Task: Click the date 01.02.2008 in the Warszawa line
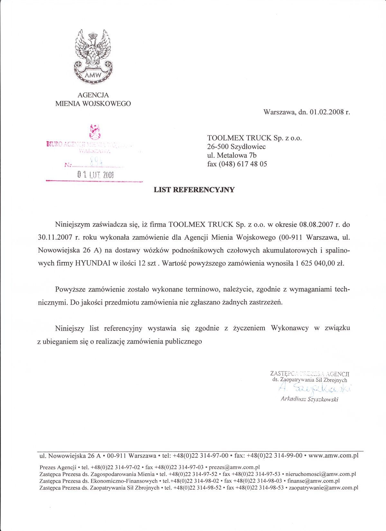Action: coord(326,112)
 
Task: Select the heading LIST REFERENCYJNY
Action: coord(194,190)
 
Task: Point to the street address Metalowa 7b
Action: coord(237,155)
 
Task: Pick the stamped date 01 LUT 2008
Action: coord(96,175)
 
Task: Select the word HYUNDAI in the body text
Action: coord(93,263)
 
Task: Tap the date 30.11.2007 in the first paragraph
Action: coord(56,238)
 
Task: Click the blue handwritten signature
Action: coord(315,388)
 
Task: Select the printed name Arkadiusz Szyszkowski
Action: coord(309,399)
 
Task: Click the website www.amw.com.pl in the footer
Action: coord(333,456)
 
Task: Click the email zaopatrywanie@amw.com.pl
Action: coord(324,488)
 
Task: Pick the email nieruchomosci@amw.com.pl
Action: coord(321,474)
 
